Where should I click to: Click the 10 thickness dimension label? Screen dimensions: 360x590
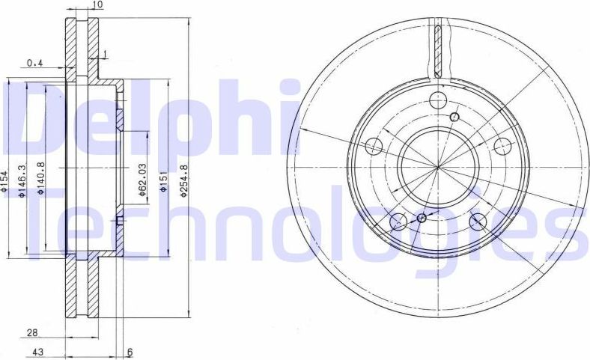[x=97, y=5]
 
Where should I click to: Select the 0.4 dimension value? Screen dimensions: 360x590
[x=34, y=64]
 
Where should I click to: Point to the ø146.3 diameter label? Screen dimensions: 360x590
[x=22, y=183]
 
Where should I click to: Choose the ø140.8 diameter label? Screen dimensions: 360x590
[x=41, y=179]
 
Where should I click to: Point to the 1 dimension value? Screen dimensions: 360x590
[x=106, y=53]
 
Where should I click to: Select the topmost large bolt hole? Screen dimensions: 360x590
[x=439, y=100]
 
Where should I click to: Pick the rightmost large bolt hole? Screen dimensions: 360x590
[x=503, y=145]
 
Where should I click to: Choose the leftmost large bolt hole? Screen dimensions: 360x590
[x=374, y=147]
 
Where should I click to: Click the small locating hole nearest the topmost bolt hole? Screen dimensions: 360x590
[x=454, y=117]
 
